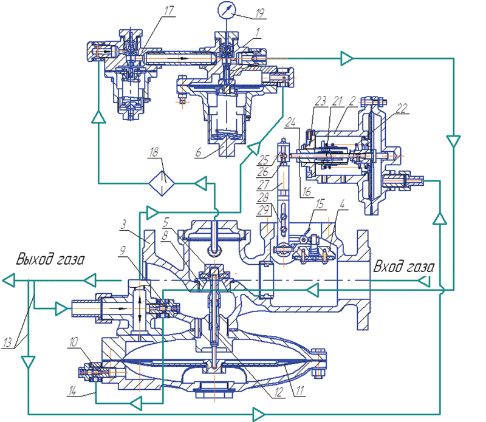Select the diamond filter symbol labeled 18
(162, 182)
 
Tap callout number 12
(277, 393)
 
